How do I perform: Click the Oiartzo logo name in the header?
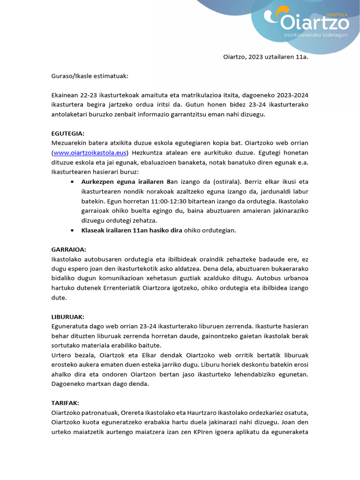click(315, 22)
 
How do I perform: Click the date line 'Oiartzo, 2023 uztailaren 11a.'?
click(265, 57)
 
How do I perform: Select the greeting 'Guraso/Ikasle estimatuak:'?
click(90, 75)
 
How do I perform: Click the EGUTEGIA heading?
click(67, 134)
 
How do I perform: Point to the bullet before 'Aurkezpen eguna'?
click(71, 182)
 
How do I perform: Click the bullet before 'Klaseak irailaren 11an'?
click(71, 231)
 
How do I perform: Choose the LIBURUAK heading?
click(67, 317)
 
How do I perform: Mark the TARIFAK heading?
click(66, 403)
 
